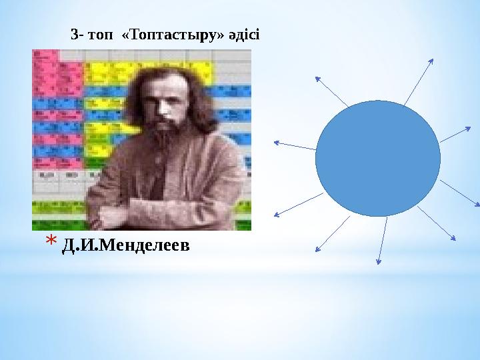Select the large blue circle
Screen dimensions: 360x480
pos(378,158)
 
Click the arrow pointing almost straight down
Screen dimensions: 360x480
pos(383,241)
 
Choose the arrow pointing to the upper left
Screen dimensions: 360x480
pos(331,91)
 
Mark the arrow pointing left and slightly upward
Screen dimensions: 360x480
pos(294,145)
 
